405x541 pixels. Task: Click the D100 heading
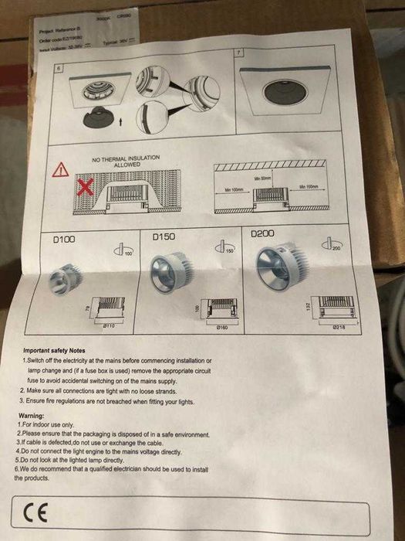tap(62, 240)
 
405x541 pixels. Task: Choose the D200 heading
tap(263, 232)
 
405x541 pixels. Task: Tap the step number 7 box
tap(238, 52)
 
